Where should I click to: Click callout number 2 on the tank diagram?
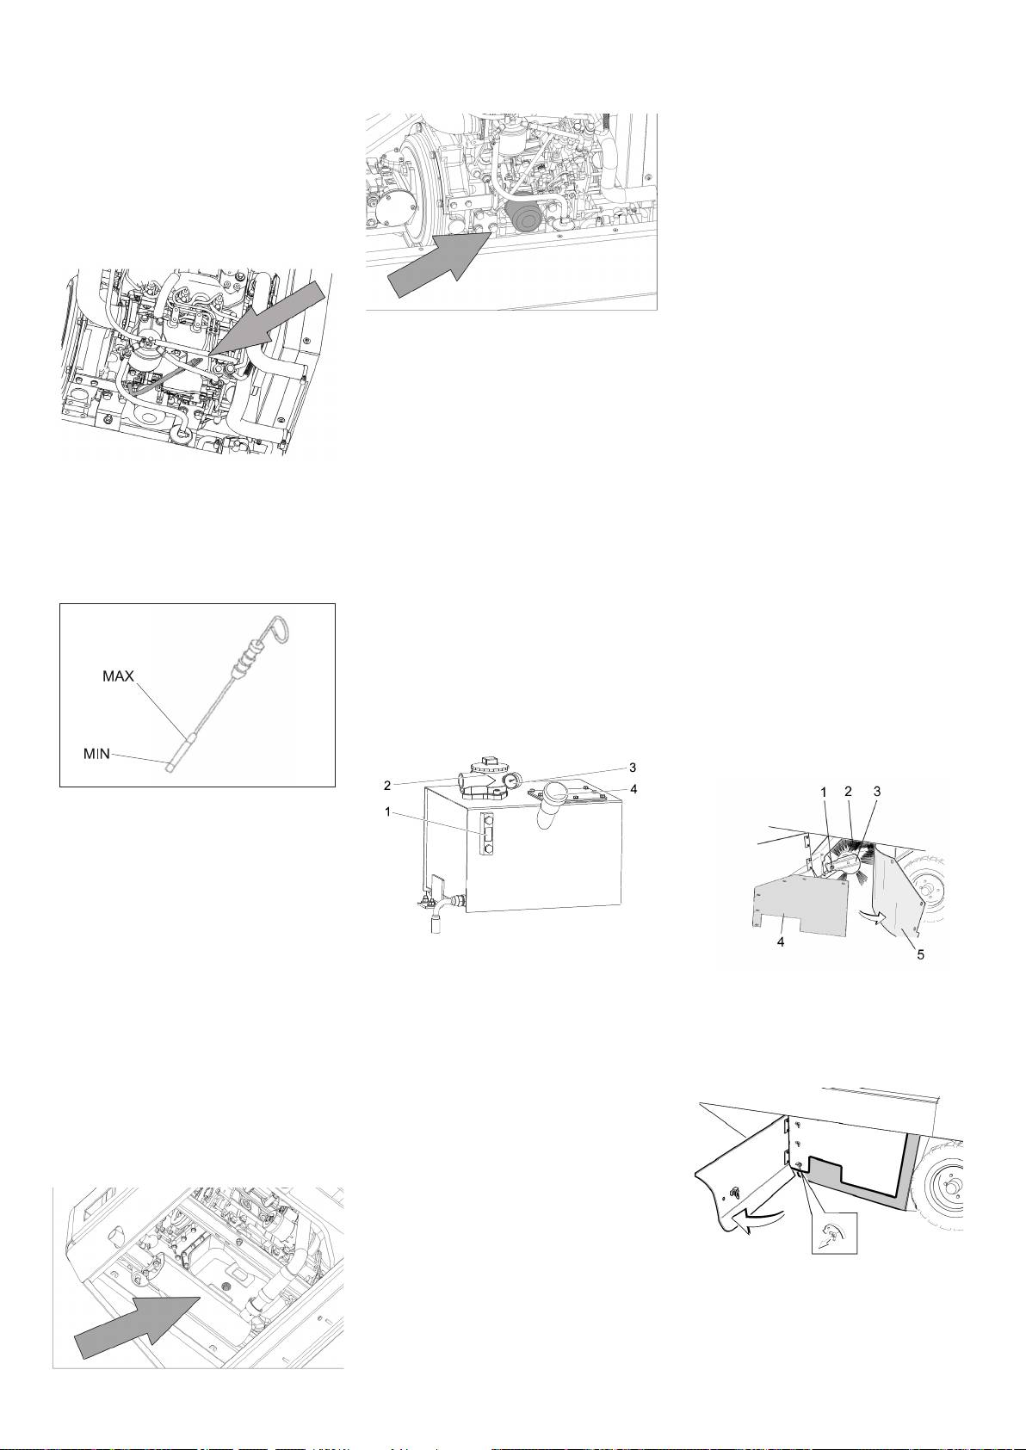(x=388, y=784)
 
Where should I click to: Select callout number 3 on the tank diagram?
(x=632, y=766)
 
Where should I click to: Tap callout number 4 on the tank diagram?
(x=633, y=787)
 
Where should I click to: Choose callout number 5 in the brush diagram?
(x=920, y=954)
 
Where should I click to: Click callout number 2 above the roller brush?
(x=848, y=790)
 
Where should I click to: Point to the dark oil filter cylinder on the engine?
(x=522, y=219)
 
